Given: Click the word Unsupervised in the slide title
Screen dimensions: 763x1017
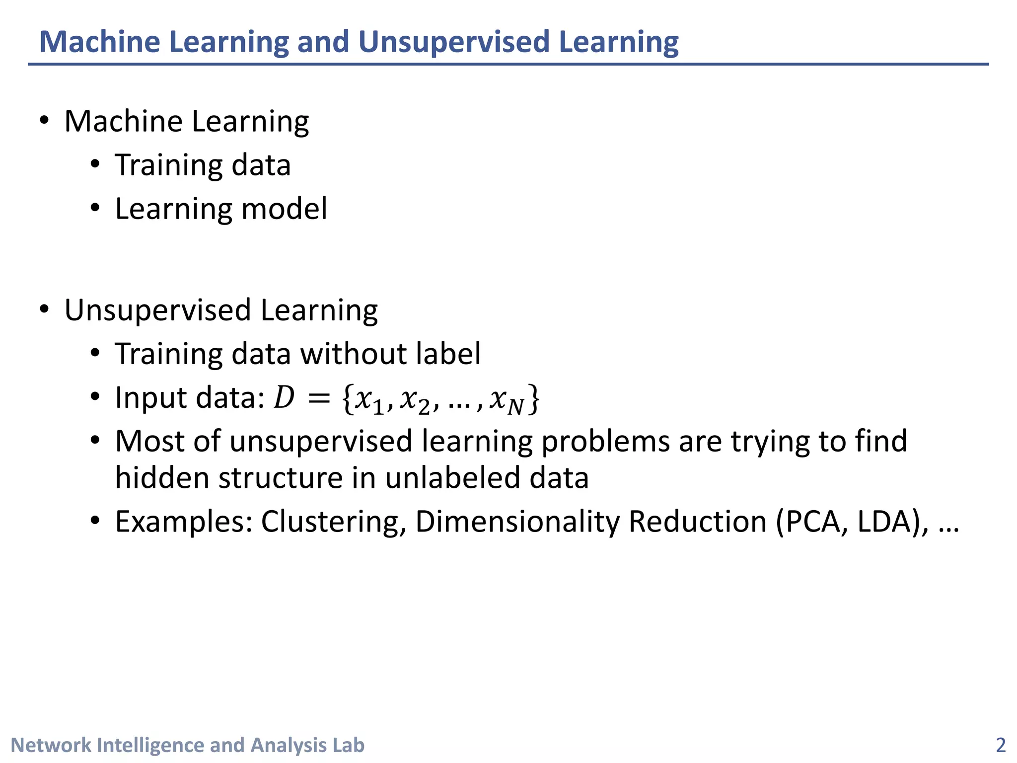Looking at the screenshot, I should coord(453,42).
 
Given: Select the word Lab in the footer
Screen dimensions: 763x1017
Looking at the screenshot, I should coord(348,745).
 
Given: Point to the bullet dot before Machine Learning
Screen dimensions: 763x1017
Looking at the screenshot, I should coord(45,120).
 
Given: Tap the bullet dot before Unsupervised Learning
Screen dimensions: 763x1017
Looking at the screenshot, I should coord(45,309).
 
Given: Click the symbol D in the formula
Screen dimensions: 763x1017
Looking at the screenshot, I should coord(285,398).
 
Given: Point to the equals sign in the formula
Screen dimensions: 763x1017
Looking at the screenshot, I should coord(318,398).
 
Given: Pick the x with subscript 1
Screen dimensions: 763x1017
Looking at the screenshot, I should coord(369,400).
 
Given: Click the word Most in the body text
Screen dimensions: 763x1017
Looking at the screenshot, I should coord(149,441).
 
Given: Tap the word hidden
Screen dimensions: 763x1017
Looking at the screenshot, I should coord(162,478).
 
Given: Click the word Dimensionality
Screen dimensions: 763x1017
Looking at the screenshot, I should coord(517,522).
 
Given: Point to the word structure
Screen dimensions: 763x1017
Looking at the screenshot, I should coord(281,478).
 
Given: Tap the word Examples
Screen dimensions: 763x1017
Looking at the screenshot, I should coord(184,522).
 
